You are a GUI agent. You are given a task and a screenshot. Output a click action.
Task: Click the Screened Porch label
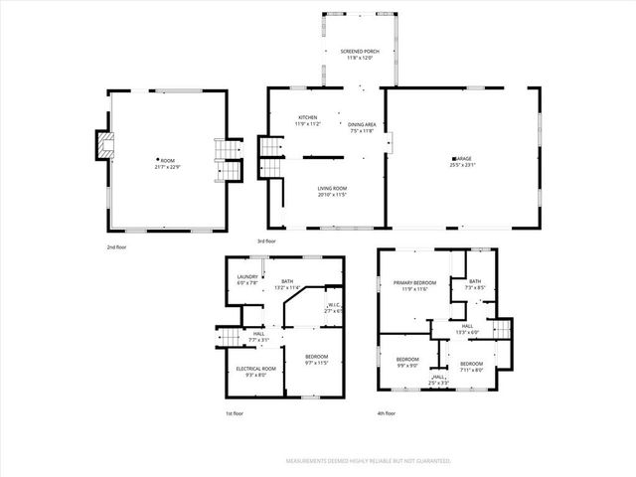[359, 51]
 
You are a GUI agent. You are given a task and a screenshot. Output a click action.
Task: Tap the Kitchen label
[308, 117]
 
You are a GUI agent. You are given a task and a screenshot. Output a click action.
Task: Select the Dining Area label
[362, 123]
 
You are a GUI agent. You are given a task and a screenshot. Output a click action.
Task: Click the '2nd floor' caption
[118, 245]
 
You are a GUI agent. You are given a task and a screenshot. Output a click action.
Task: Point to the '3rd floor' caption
[266, 240]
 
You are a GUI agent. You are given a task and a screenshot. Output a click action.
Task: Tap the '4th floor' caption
[387, 413]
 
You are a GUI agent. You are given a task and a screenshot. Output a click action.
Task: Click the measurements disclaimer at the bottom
[369, 461]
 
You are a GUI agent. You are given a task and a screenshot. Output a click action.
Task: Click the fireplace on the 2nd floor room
[101, 146]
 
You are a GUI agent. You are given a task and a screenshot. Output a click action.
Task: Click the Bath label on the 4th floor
[475, 281]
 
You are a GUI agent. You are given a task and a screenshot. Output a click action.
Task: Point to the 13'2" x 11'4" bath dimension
[286, 288]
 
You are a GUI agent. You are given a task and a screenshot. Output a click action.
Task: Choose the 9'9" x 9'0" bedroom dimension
[407, 365]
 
